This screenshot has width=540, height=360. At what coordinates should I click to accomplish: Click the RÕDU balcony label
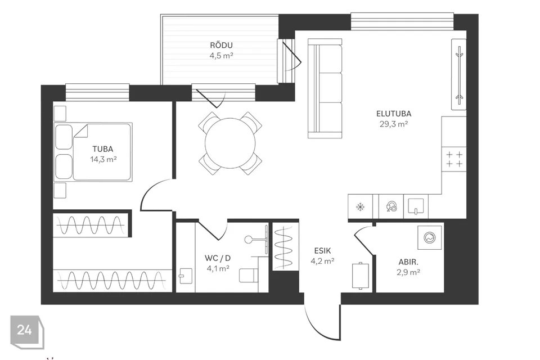pyautogui.click(x=221, y=45)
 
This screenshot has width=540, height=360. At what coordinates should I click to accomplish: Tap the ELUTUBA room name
pyautogui.click(x=394, y=114)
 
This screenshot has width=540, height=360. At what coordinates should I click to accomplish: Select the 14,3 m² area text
pyautogui.click(x=103, y=159)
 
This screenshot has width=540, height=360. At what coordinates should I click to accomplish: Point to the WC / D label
pyautogui.click(x=217, y=258)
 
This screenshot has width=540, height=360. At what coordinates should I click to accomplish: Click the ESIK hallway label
pyautogui.click(x=322, y=251)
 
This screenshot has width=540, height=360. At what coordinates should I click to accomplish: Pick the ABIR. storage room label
pyautogui.click(x=408, y=262)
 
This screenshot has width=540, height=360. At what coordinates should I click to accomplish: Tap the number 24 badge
pyautogui.click(x=24, y=330)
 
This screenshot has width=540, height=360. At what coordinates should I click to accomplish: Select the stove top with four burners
pyautogui.click(x=454, y=158)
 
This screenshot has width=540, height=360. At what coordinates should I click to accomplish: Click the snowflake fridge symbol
pyautogui.click(x=360, y=206)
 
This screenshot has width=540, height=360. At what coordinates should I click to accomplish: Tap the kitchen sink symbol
pyautogui.click(x=416, y=206)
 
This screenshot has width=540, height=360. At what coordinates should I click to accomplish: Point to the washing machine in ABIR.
pyautogui.click(x=429, y=238)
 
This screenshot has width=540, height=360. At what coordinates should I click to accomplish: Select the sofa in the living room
pyautogui.click(x=326, y=88)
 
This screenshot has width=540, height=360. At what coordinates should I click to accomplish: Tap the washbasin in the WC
pyautogui.click(x=184, y=275)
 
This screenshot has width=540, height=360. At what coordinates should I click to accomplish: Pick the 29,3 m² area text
pyautogui.click(x=394, y=124)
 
